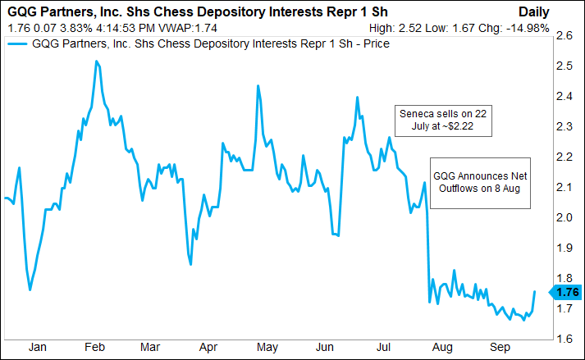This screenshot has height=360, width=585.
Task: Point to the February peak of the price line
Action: pos(97,62)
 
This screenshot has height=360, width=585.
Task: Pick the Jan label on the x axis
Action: pos(37,348)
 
